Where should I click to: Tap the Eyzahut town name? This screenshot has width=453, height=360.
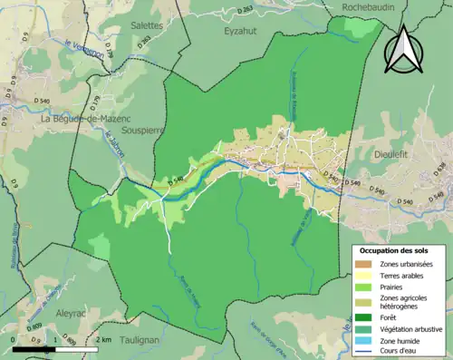click(x=242, y=30)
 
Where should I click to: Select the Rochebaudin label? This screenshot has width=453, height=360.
click(x=369, y=7)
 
